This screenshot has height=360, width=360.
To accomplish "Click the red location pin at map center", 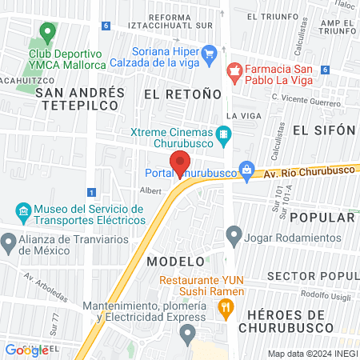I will coord(181,163).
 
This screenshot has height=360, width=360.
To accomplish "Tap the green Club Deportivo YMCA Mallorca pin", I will coord(46,34).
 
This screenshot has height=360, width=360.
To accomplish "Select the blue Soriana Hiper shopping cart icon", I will coord(210,54).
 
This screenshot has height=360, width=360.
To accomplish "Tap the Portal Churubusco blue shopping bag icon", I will coord(248,170).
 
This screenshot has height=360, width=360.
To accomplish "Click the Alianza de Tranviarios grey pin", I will coord(9,241).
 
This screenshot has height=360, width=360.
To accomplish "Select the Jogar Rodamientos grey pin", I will coord(234,235).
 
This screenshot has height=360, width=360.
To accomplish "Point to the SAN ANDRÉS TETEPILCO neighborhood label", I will coord(80,98).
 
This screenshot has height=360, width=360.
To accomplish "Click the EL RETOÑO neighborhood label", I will coord(182,94).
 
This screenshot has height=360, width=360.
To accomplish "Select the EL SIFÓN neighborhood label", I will coord(324,130).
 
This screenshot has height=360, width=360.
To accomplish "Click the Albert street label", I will coord(150,190).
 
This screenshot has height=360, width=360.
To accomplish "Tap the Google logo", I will coord(26,350).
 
